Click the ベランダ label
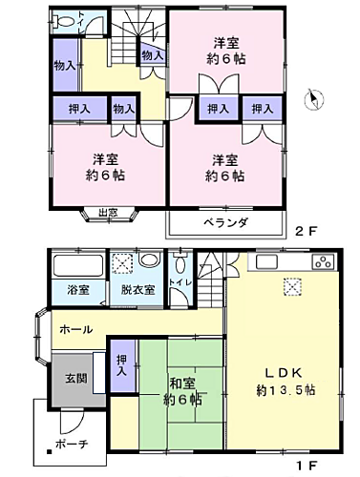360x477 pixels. pos(225,222)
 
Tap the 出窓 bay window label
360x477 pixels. pos(106,212)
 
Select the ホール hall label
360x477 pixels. pos(75,329)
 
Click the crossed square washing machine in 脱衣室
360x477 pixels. pos(122,264)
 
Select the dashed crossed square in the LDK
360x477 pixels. pos(291,286)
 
